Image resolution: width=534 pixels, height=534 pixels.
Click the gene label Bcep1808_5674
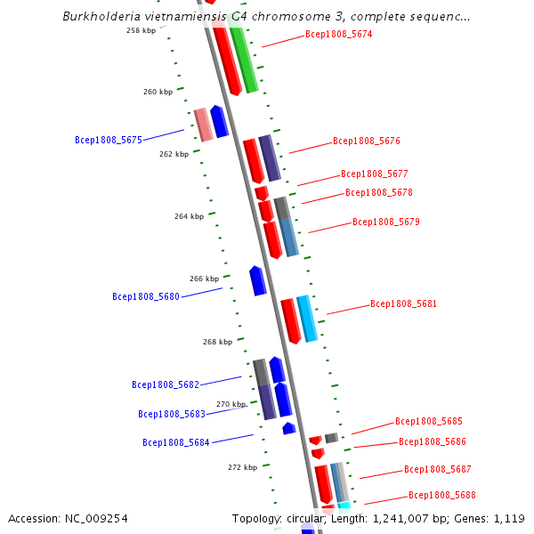pos(338,35)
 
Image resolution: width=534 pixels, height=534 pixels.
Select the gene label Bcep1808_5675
pos(109,140)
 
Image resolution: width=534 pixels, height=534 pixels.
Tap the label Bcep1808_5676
pos(366,141)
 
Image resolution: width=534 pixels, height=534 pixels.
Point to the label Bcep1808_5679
pos(385,222)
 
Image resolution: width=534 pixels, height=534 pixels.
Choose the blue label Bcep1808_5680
pos(146,296)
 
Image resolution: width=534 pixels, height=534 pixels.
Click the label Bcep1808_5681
pos(403,303)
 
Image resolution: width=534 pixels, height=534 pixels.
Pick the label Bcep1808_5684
pos(176,442)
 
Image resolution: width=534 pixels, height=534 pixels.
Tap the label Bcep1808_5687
pos(437,469)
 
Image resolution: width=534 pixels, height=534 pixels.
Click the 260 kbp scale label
pos(158,92)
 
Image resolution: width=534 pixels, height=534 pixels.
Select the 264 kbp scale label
pos(189,216)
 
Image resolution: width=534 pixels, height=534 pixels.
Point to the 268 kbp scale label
pos(217,342)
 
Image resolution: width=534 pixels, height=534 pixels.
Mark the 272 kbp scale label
pos(242,467)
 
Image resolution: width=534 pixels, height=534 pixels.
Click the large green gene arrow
pos(243,59)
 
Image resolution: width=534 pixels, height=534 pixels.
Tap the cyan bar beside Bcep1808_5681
pos(307,319)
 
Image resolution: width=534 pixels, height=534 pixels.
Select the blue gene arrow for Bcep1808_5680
pos(257,280)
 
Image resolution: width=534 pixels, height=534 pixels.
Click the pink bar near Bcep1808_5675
pos(204,125)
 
